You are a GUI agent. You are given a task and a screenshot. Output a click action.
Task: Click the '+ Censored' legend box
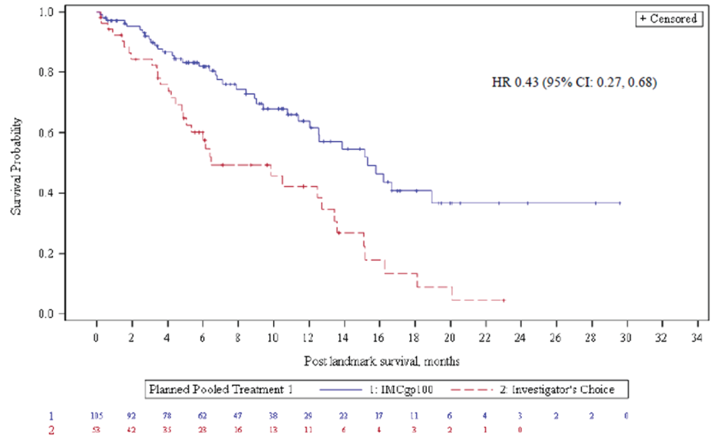click(669, 19)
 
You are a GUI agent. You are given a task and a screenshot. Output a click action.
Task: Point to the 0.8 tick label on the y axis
click(46, 72)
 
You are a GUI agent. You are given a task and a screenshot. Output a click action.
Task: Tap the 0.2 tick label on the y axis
click(46, 254)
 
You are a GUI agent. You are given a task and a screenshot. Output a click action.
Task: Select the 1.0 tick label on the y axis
click(46, 12)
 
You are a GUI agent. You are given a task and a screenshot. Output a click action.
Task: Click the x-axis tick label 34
click(697, 338)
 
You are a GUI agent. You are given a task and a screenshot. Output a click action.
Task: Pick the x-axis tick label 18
click(414, 338)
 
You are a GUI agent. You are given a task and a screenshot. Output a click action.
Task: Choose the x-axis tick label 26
click(555, 338)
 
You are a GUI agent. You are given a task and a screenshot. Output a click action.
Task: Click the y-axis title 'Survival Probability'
click(16, 166)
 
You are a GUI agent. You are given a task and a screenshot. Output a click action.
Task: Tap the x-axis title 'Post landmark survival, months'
click(382, 362)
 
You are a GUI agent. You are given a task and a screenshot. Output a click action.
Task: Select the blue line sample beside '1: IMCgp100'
click(341, 389)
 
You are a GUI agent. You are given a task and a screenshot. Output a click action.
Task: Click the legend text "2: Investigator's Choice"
click(557, 389)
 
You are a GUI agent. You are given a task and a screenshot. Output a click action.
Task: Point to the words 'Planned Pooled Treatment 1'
click(221, 389)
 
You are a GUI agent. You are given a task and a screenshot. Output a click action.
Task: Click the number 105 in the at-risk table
click(96, 416)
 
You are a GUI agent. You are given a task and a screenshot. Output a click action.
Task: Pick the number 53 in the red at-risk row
click(96, 430)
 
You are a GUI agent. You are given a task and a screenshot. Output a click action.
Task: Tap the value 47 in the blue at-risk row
click(238, 416)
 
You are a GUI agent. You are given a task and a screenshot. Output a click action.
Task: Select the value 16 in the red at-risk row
click(238, 430)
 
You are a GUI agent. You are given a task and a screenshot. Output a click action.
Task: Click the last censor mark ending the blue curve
click(620, 203)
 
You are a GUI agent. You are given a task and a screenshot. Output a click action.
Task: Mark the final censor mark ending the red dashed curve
click(504, 300)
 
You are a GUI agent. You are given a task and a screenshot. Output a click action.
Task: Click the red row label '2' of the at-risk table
click(51, 430)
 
